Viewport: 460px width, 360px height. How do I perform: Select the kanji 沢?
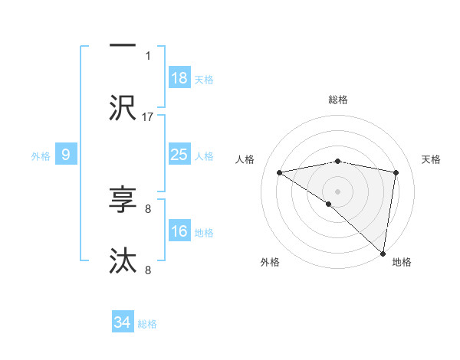pos(123,107)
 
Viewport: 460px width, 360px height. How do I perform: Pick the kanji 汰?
pos(123,260)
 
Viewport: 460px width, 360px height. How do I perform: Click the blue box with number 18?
pos(179,78)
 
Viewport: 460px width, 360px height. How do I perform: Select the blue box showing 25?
pos(179,155)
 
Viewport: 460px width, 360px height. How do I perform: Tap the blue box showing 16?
pos(179,231)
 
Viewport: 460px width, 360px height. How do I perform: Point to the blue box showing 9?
pos(66,155)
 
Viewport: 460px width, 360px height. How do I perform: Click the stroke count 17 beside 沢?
pos(148,116)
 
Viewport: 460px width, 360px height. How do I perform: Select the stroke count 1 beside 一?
pos(148,55)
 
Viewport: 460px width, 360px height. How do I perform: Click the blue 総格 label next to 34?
pos(147,324)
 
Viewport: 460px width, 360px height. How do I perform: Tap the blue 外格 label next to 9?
pos(41,156)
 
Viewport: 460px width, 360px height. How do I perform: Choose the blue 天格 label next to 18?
pos(204,80)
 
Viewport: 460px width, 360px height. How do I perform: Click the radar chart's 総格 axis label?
pos(338,100)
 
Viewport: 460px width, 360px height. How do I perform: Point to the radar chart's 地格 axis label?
pos(402,262)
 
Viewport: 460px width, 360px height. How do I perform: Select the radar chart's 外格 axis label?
pos(270,262)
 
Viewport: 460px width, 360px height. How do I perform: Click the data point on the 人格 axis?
pos(280,172)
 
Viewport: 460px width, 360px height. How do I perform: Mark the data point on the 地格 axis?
pos(383,253)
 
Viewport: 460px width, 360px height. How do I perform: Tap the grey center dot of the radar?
pos(338,191)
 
